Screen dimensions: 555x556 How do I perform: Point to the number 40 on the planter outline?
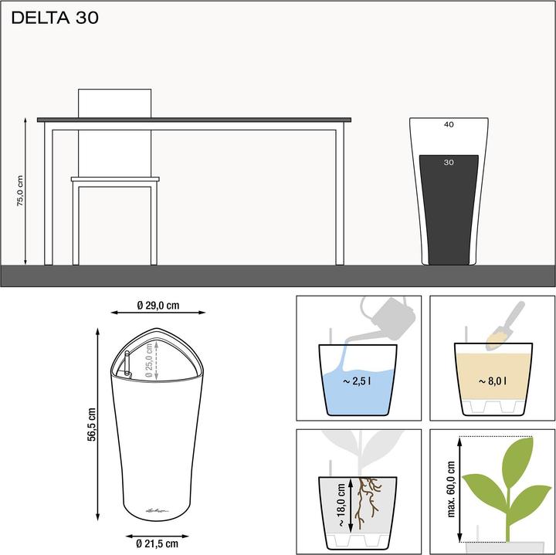(449, 124)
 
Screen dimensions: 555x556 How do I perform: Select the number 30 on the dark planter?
(449, 162)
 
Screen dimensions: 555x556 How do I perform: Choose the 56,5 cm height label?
(92, 424)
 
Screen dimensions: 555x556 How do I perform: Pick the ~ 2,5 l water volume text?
(359, 381)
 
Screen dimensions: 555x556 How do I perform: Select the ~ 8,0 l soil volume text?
(493, 381)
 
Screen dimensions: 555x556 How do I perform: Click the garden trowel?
(507, 324)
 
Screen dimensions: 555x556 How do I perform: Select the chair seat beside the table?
(115, 179)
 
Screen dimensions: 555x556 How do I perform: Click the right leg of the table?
(339, 197)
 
